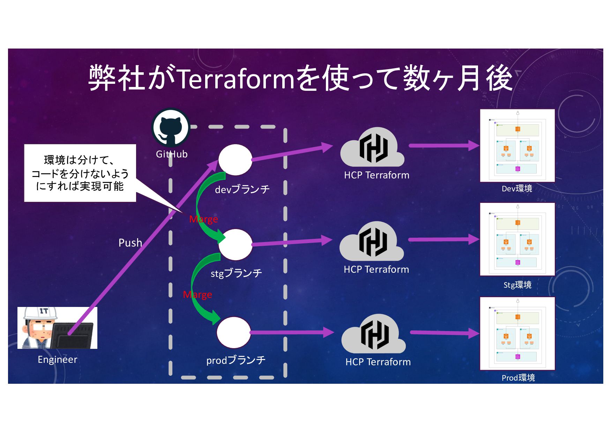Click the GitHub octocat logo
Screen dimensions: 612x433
pos(171,127)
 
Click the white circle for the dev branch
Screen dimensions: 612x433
pos(235,160)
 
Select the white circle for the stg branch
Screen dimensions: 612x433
pos(236,244)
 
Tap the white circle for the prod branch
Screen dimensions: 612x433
pos(234,332)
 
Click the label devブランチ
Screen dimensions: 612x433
pos(242,189)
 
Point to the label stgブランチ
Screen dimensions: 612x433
pos(236,273)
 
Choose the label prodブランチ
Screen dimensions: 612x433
pos(236,360)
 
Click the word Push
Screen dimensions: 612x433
pos(130,243)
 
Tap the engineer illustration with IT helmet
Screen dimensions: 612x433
pos(57,328)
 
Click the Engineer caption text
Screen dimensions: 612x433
pos(58,359)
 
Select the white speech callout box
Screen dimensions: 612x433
pos(80,173)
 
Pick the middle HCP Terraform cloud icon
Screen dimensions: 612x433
pos(372,242)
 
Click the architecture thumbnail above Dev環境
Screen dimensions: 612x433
pos(517,146)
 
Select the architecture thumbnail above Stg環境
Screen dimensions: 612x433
pos(517,239)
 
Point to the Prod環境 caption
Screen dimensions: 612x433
pos(518,377)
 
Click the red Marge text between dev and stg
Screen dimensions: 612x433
pos(203,219)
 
